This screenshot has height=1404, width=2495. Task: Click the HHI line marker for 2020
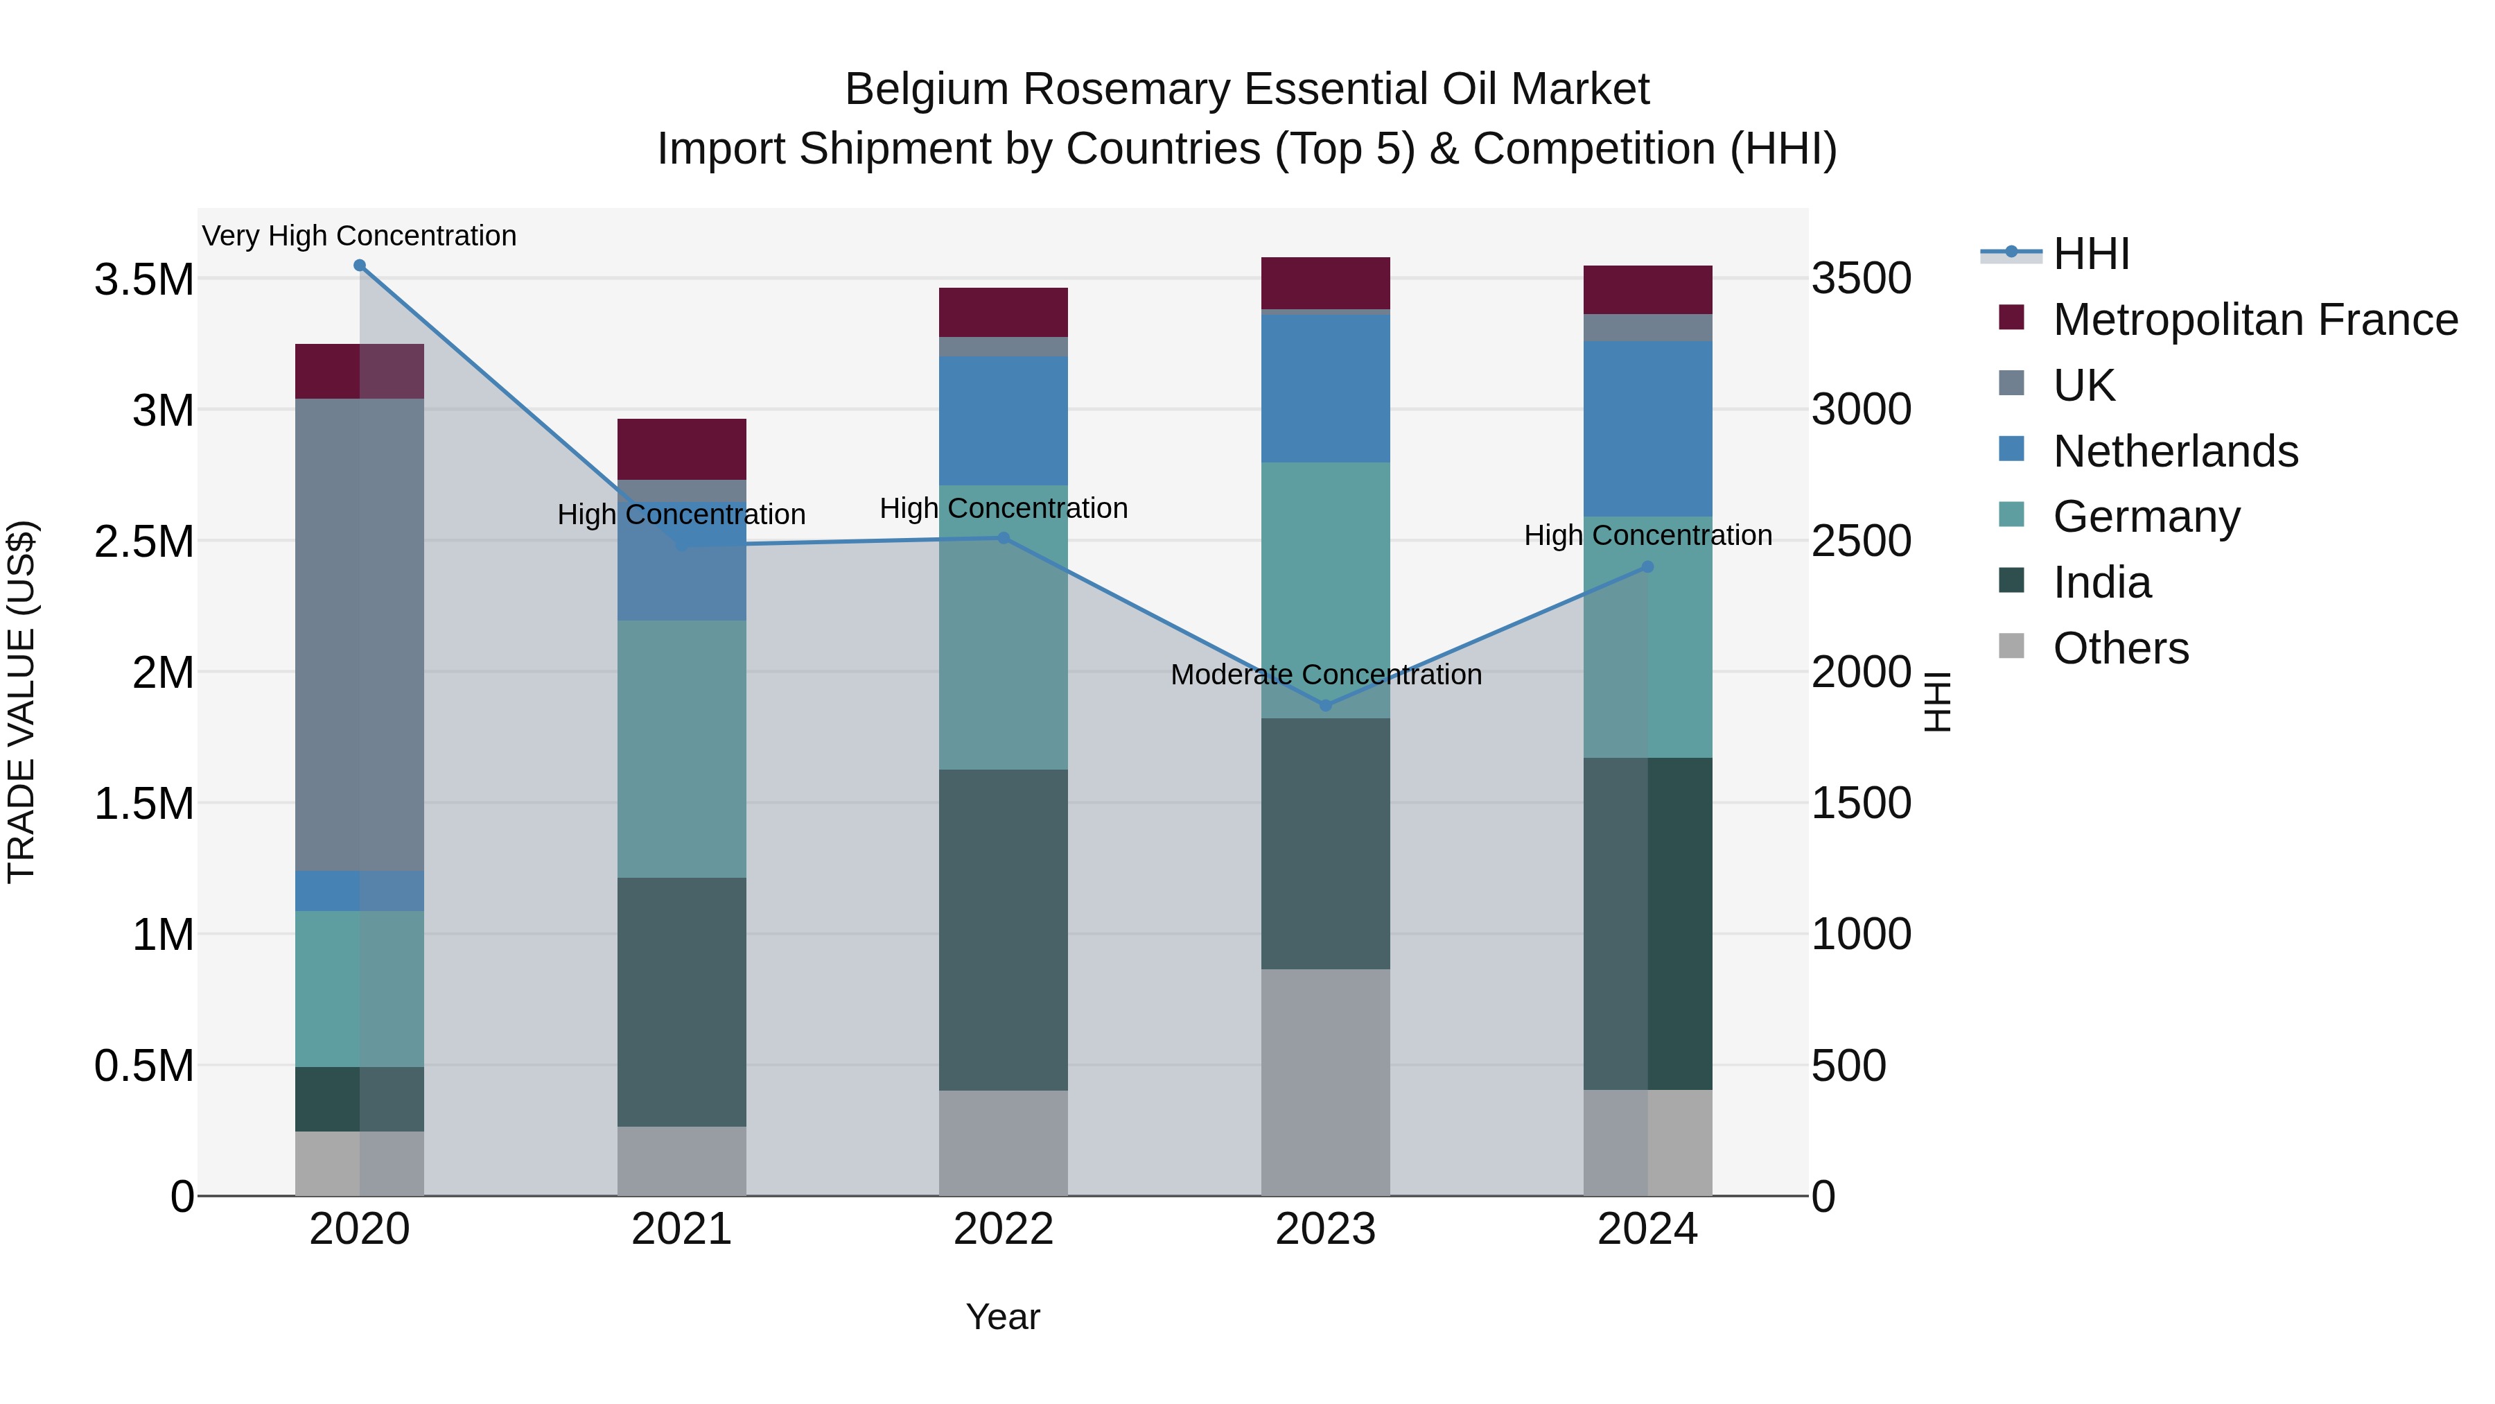359,266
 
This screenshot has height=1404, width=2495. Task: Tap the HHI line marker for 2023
1326,705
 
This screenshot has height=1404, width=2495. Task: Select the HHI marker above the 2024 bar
1647,567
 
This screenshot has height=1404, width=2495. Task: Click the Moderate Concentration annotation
1326,675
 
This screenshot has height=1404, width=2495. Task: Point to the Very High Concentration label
359,236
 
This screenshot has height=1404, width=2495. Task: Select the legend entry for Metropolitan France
2255,320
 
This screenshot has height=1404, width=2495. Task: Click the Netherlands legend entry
2176,451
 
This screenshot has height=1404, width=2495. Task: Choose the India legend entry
2102,582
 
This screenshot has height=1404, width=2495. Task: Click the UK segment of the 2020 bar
359,634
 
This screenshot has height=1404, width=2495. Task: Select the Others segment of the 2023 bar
1326,1082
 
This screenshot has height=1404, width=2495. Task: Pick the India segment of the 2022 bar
1004,930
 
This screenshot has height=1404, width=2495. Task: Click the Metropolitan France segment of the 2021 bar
682,449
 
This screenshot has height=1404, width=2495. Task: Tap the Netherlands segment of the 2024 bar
1647,428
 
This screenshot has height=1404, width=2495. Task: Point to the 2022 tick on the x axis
1004,1229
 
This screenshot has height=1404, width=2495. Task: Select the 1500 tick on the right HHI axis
1861,804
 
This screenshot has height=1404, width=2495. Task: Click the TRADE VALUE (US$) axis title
21,702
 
